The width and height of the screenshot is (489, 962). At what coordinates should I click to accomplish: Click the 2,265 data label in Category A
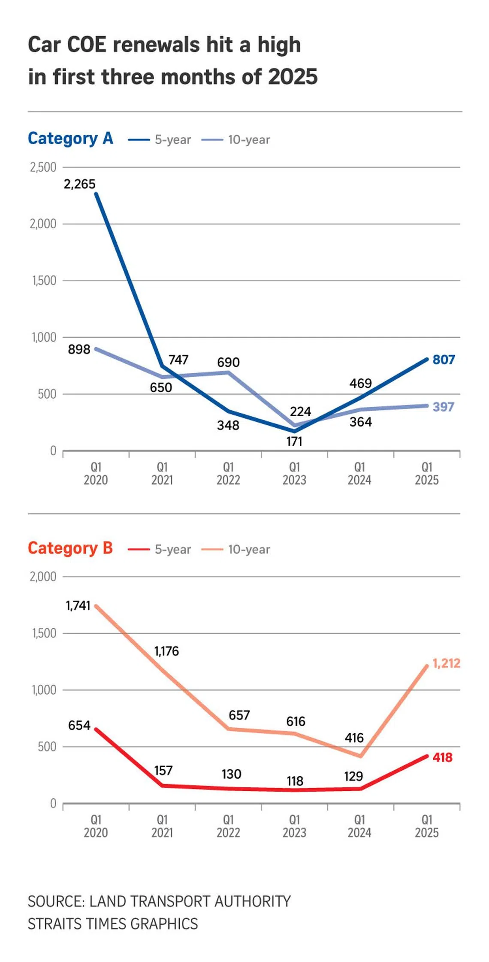79,184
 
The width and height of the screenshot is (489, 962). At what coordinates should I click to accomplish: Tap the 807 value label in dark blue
444,359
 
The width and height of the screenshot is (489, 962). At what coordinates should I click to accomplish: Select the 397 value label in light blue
443,406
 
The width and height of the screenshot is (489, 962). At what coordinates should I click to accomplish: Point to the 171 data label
294,442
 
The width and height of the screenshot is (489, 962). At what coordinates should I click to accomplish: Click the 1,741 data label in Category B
78,605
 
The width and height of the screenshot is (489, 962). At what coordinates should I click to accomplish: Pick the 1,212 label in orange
446,663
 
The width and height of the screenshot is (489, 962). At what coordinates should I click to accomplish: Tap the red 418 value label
442,757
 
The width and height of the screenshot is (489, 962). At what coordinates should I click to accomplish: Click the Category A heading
70,138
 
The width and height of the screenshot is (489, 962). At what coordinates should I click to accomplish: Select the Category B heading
70,548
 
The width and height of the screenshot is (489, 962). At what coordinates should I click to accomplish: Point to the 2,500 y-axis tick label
43,167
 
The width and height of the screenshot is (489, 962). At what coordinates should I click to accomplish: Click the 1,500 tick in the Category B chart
44,633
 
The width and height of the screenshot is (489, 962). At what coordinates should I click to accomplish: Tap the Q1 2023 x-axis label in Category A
294,473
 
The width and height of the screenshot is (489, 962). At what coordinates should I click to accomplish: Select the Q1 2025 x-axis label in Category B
426,826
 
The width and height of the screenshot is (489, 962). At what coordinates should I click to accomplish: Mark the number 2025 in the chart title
293,77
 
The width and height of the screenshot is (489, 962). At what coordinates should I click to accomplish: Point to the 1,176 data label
166,651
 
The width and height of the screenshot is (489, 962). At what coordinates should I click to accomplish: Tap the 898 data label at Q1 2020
79,349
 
